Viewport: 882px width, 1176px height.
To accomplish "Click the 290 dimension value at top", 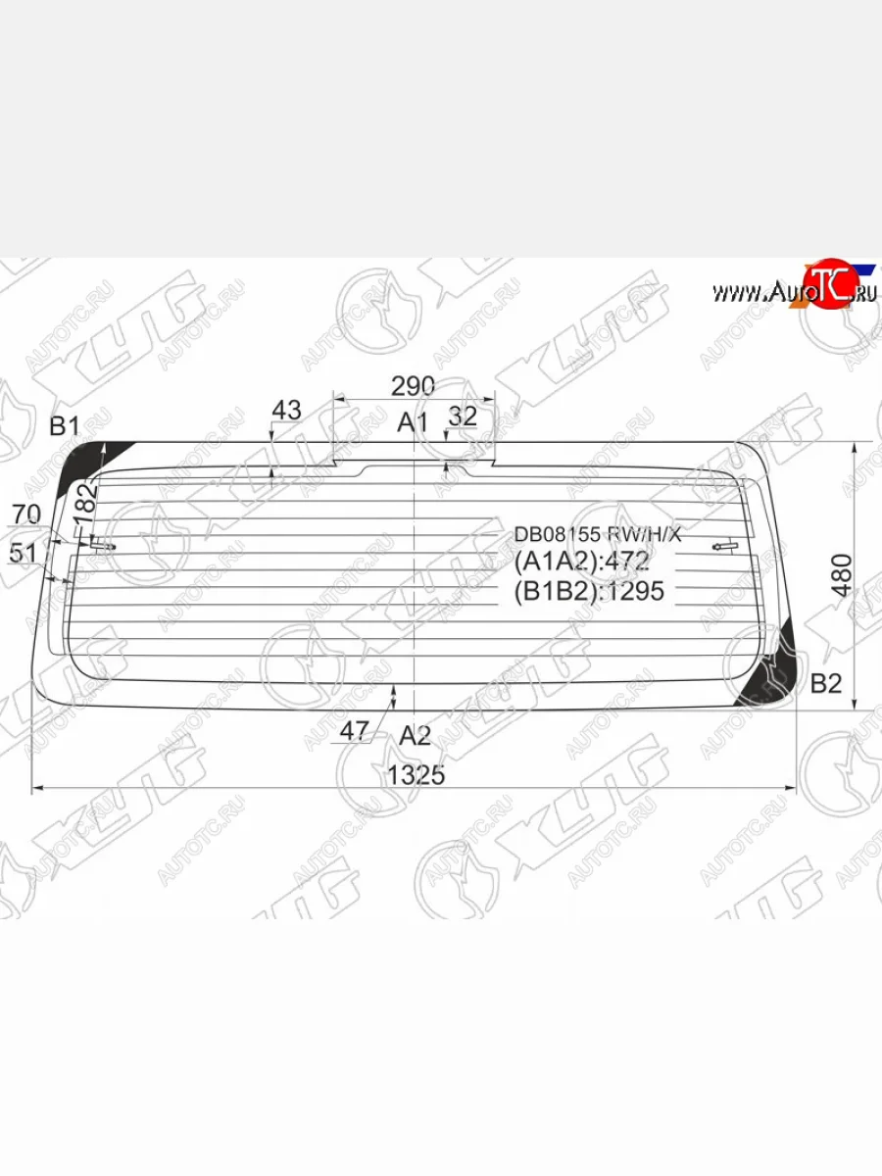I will point(413,386).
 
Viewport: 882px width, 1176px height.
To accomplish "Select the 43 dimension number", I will point(286,411).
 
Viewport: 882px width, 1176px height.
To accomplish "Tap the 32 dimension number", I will point(462,416).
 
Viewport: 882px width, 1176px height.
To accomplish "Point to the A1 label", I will point(413,423).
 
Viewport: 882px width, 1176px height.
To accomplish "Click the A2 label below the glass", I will point(415,735).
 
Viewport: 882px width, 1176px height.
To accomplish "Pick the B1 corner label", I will point(65,425).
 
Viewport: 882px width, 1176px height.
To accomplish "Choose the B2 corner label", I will point(826,684).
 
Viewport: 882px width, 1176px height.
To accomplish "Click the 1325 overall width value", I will point(416,775).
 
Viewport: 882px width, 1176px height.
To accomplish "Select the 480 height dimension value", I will point(841,575).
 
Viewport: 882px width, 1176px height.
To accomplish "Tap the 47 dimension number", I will point(354,730).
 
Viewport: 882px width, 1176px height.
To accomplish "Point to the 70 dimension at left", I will point(25,514).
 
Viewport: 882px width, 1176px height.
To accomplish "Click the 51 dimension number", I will point(23,553).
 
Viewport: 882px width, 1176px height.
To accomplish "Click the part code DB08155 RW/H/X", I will point(597,534).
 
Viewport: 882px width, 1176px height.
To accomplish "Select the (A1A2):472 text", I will point(581,563).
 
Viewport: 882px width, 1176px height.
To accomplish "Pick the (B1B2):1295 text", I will point(589,591).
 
